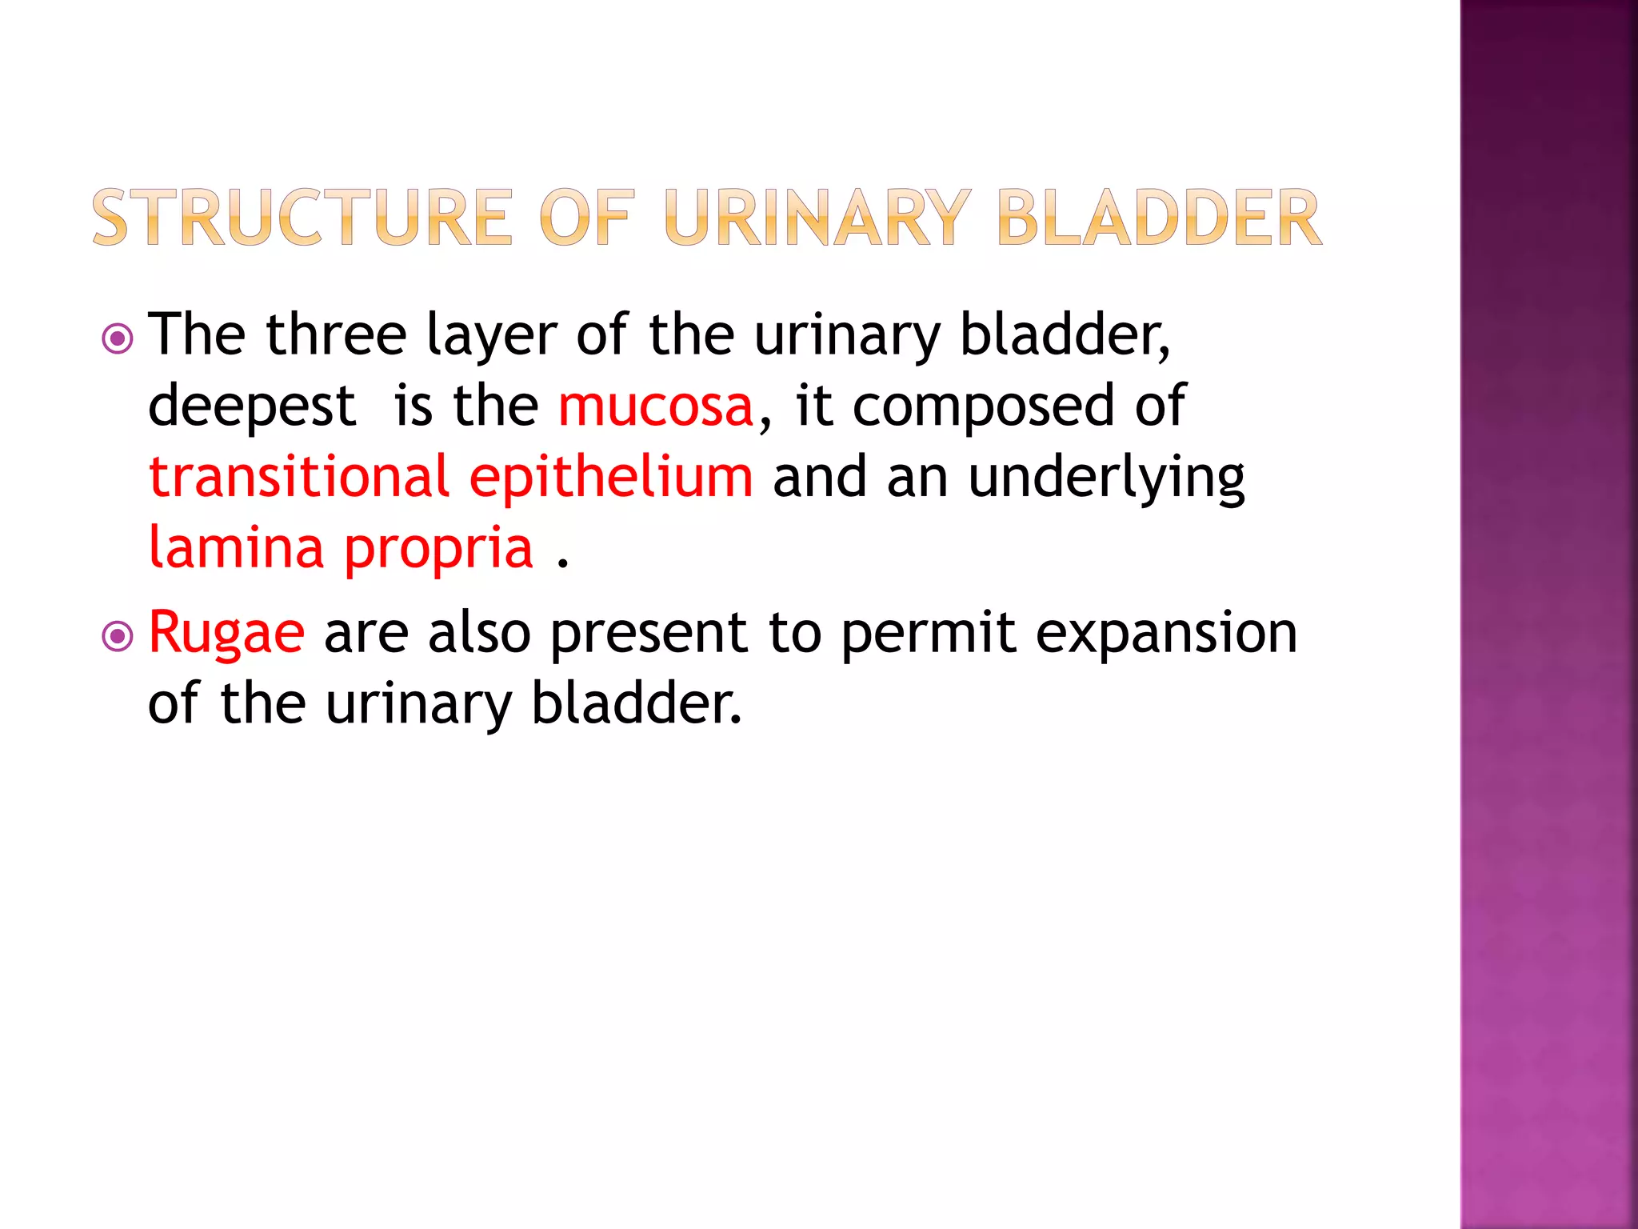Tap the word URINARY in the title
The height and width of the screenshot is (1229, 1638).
coord(817,218)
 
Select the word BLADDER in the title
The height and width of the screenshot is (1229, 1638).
coord(1159,218)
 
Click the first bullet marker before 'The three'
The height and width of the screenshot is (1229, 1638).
coord(118,338)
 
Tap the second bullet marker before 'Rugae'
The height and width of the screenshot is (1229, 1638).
coord(118,637)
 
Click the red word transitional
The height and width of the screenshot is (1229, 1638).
coord(299,477)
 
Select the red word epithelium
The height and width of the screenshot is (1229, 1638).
coord(611,478)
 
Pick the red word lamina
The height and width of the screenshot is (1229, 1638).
coord(236,547)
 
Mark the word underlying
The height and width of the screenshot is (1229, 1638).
coord(1106,478)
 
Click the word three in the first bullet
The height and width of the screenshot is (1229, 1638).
coord(336,334)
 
